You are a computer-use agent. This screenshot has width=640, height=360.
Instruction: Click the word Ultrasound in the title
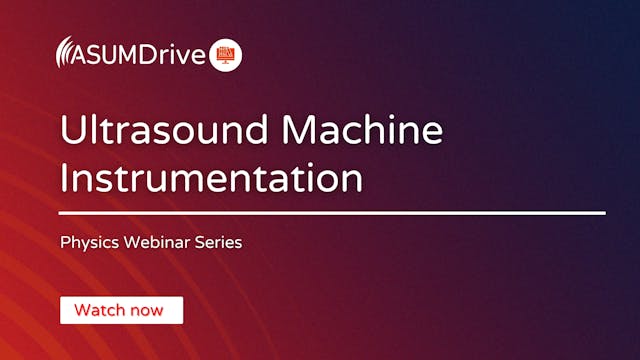[x=159, y=132]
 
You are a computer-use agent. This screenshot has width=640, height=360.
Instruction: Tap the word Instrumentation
[x=210, y=178]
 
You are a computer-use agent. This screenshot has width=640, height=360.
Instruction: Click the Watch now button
[x=121, y=310]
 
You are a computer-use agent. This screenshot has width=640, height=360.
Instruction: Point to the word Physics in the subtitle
[x=87, y=242]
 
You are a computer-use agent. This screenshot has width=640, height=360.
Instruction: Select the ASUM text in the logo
[x=110, y=53]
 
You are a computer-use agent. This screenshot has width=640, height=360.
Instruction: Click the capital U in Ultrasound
[x=73, y=132]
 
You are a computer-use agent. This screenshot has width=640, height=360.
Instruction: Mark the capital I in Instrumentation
[x=65, y=178]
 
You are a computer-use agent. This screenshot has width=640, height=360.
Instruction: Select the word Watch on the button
[x=98, y=310]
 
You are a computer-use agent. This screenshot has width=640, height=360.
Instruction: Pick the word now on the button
[x=146, y=310]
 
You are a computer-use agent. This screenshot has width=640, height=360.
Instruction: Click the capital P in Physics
[x=64, y=242]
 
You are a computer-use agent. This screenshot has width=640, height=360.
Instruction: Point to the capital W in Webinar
[x=125, y=242]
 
